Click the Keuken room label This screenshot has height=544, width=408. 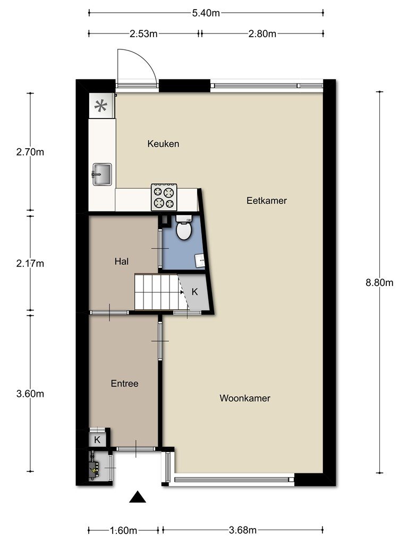click(163, 143)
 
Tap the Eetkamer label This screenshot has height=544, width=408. click(267, 200)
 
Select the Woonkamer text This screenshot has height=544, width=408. click(245, 398)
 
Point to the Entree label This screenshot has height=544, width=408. click(124, 384)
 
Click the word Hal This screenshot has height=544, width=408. click(122, 261)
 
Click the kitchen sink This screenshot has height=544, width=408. click(101, 174)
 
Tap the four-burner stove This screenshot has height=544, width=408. click(164, 197)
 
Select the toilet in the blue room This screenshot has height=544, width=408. click(183, 227)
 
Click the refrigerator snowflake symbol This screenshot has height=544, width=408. click(101, 106)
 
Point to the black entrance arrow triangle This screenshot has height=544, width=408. click(138, 497)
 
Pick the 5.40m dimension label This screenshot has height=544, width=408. click(206, 13)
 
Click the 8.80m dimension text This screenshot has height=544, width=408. click(379, 283)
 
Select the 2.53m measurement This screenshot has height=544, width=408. click(143, 33)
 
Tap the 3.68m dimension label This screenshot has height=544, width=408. click(242, 530)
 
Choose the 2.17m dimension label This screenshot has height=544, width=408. click(30, 263)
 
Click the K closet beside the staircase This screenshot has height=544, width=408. click(194, 292)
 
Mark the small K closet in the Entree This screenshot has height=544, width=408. click(97, 440)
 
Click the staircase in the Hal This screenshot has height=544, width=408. click(159, 292)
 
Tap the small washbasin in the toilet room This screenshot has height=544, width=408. click(200, 261)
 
